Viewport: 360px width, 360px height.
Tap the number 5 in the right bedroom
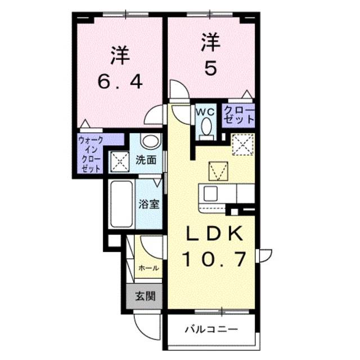point(211,69)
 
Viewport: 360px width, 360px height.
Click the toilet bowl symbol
point(206,127)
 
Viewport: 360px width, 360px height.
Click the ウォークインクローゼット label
point(90,154)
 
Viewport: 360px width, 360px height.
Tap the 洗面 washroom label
point(146,160)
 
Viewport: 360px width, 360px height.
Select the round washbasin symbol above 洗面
point(149,142)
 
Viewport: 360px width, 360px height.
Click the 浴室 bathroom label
point(149,204)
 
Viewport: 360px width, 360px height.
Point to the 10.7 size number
point(214,260)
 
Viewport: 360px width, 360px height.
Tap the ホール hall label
point(148,268)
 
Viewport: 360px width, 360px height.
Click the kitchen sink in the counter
point(211,193)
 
